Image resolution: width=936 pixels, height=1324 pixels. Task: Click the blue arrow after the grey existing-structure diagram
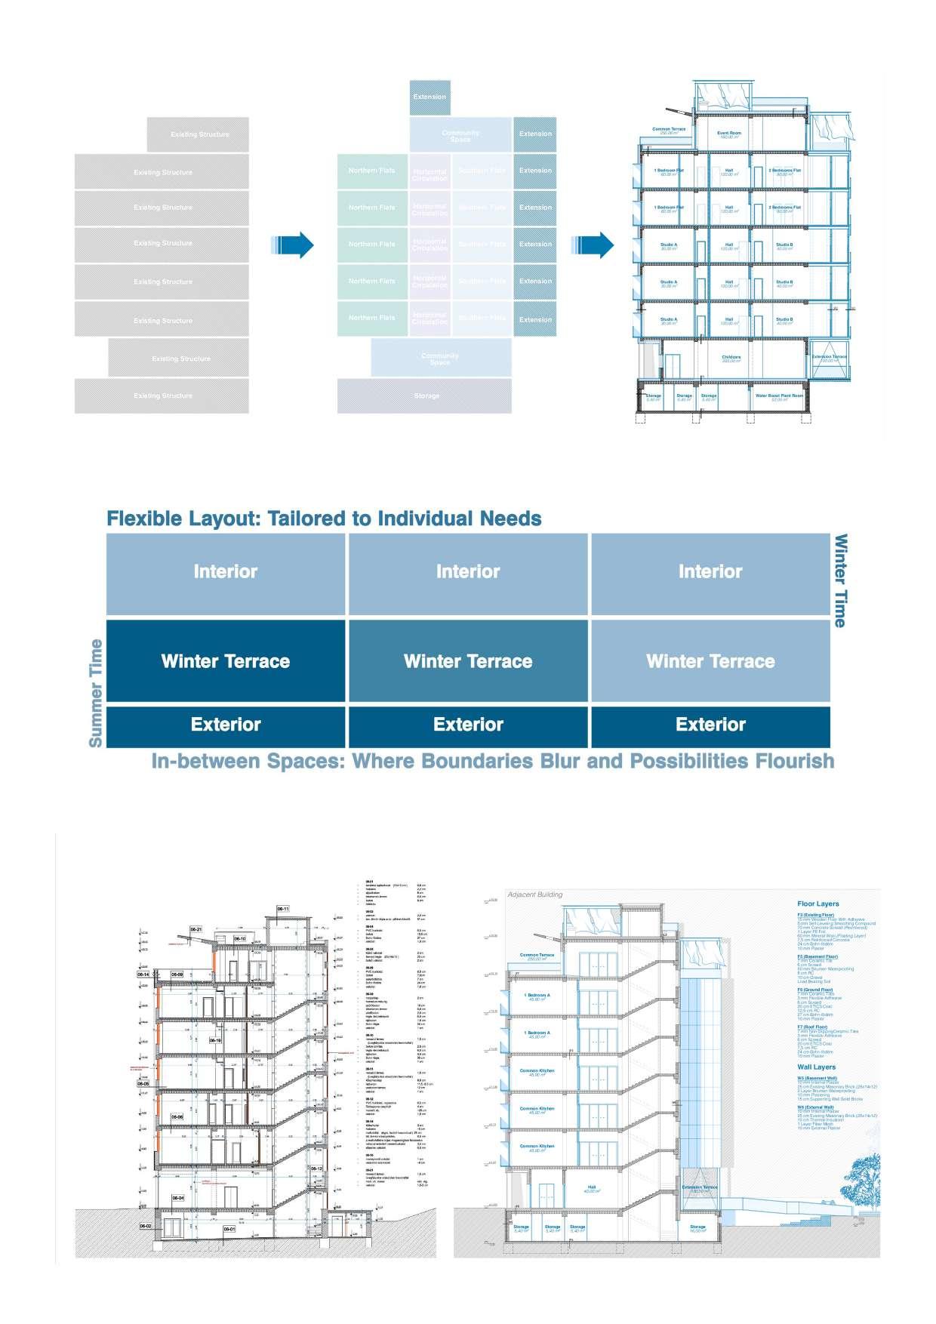[292, 245]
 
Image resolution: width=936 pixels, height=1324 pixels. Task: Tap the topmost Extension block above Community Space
[430, 97]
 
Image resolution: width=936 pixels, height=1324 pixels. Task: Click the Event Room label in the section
[729, 134]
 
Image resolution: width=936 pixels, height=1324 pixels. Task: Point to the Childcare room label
[731, 359]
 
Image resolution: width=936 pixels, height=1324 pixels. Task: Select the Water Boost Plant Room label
[780, 396]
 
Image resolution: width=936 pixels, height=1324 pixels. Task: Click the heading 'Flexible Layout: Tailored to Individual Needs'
[324, 519]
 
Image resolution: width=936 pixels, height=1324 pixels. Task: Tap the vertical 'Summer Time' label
[96, 693]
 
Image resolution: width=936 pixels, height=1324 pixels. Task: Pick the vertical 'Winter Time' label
[840, 580]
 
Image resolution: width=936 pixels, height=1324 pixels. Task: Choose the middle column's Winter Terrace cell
[468, 661]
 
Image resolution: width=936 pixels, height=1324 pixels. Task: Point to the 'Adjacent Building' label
[535, 894]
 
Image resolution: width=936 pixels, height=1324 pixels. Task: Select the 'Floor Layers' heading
[817, 904]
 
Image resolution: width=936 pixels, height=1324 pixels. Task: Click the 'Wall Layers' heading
[816, 1067]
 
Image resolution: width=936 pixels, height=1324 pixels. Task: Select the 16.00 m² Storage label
[697, 1228]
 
